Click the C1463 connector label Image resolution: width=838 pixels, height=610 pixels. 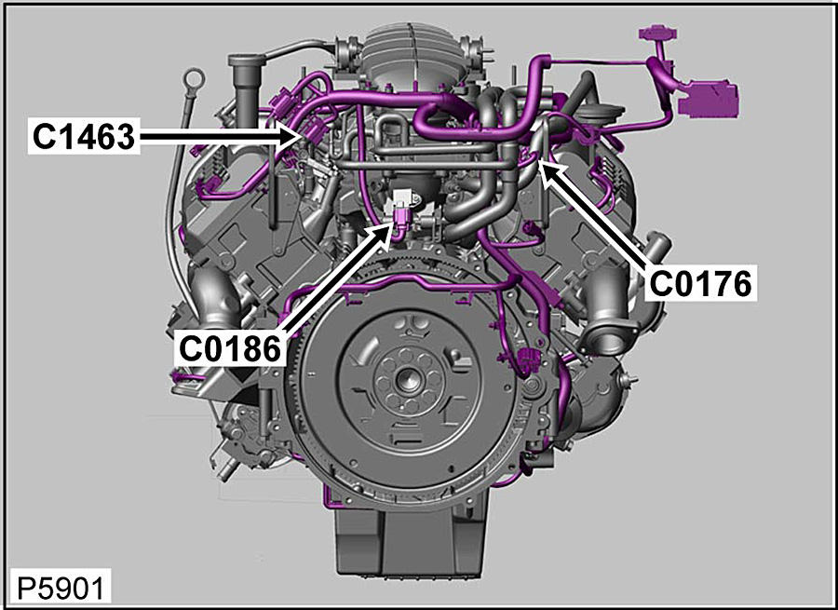click(x=84, y=136)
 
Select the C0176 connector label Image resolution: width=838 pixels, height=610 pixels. click(x=700, y=283)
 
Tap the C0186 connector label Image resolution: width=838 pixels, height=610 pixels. click(x=230, y=348)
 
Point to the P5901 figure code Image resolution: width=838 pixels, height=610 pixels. click(x=61, y=589)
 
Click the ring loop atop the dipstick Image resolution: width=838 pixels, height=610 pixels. click(x=194, y=78)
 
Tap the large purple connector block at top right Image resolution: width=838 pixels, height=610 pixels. click(x=708, y=99)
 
